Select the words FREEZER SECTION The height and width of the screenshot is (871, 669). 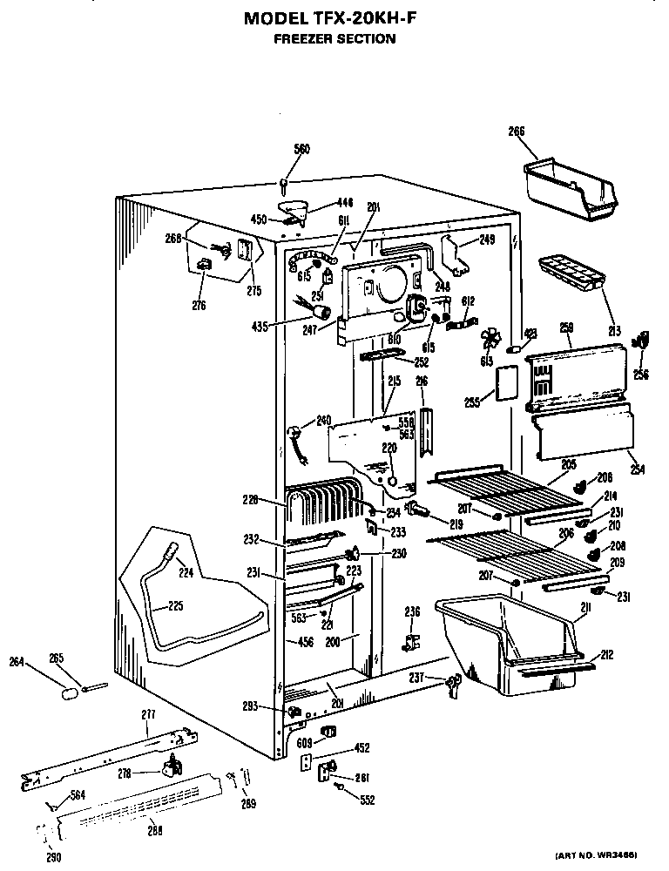(x=334, y=38)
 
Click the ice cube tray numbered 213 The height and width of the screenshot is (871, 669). (x=571, y=273)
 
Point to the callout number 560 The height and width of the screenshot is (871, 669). (x=301, y=150)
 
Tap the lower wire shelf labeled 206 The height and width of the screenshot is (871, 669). (x=505, y=553)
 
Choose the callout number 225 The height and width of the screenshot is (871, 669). (x=175, y=605)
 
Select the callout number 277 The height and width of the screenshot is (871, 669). (x=147, y=714)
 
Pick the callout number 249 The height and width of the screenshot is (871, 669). (x=486, y=239)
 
